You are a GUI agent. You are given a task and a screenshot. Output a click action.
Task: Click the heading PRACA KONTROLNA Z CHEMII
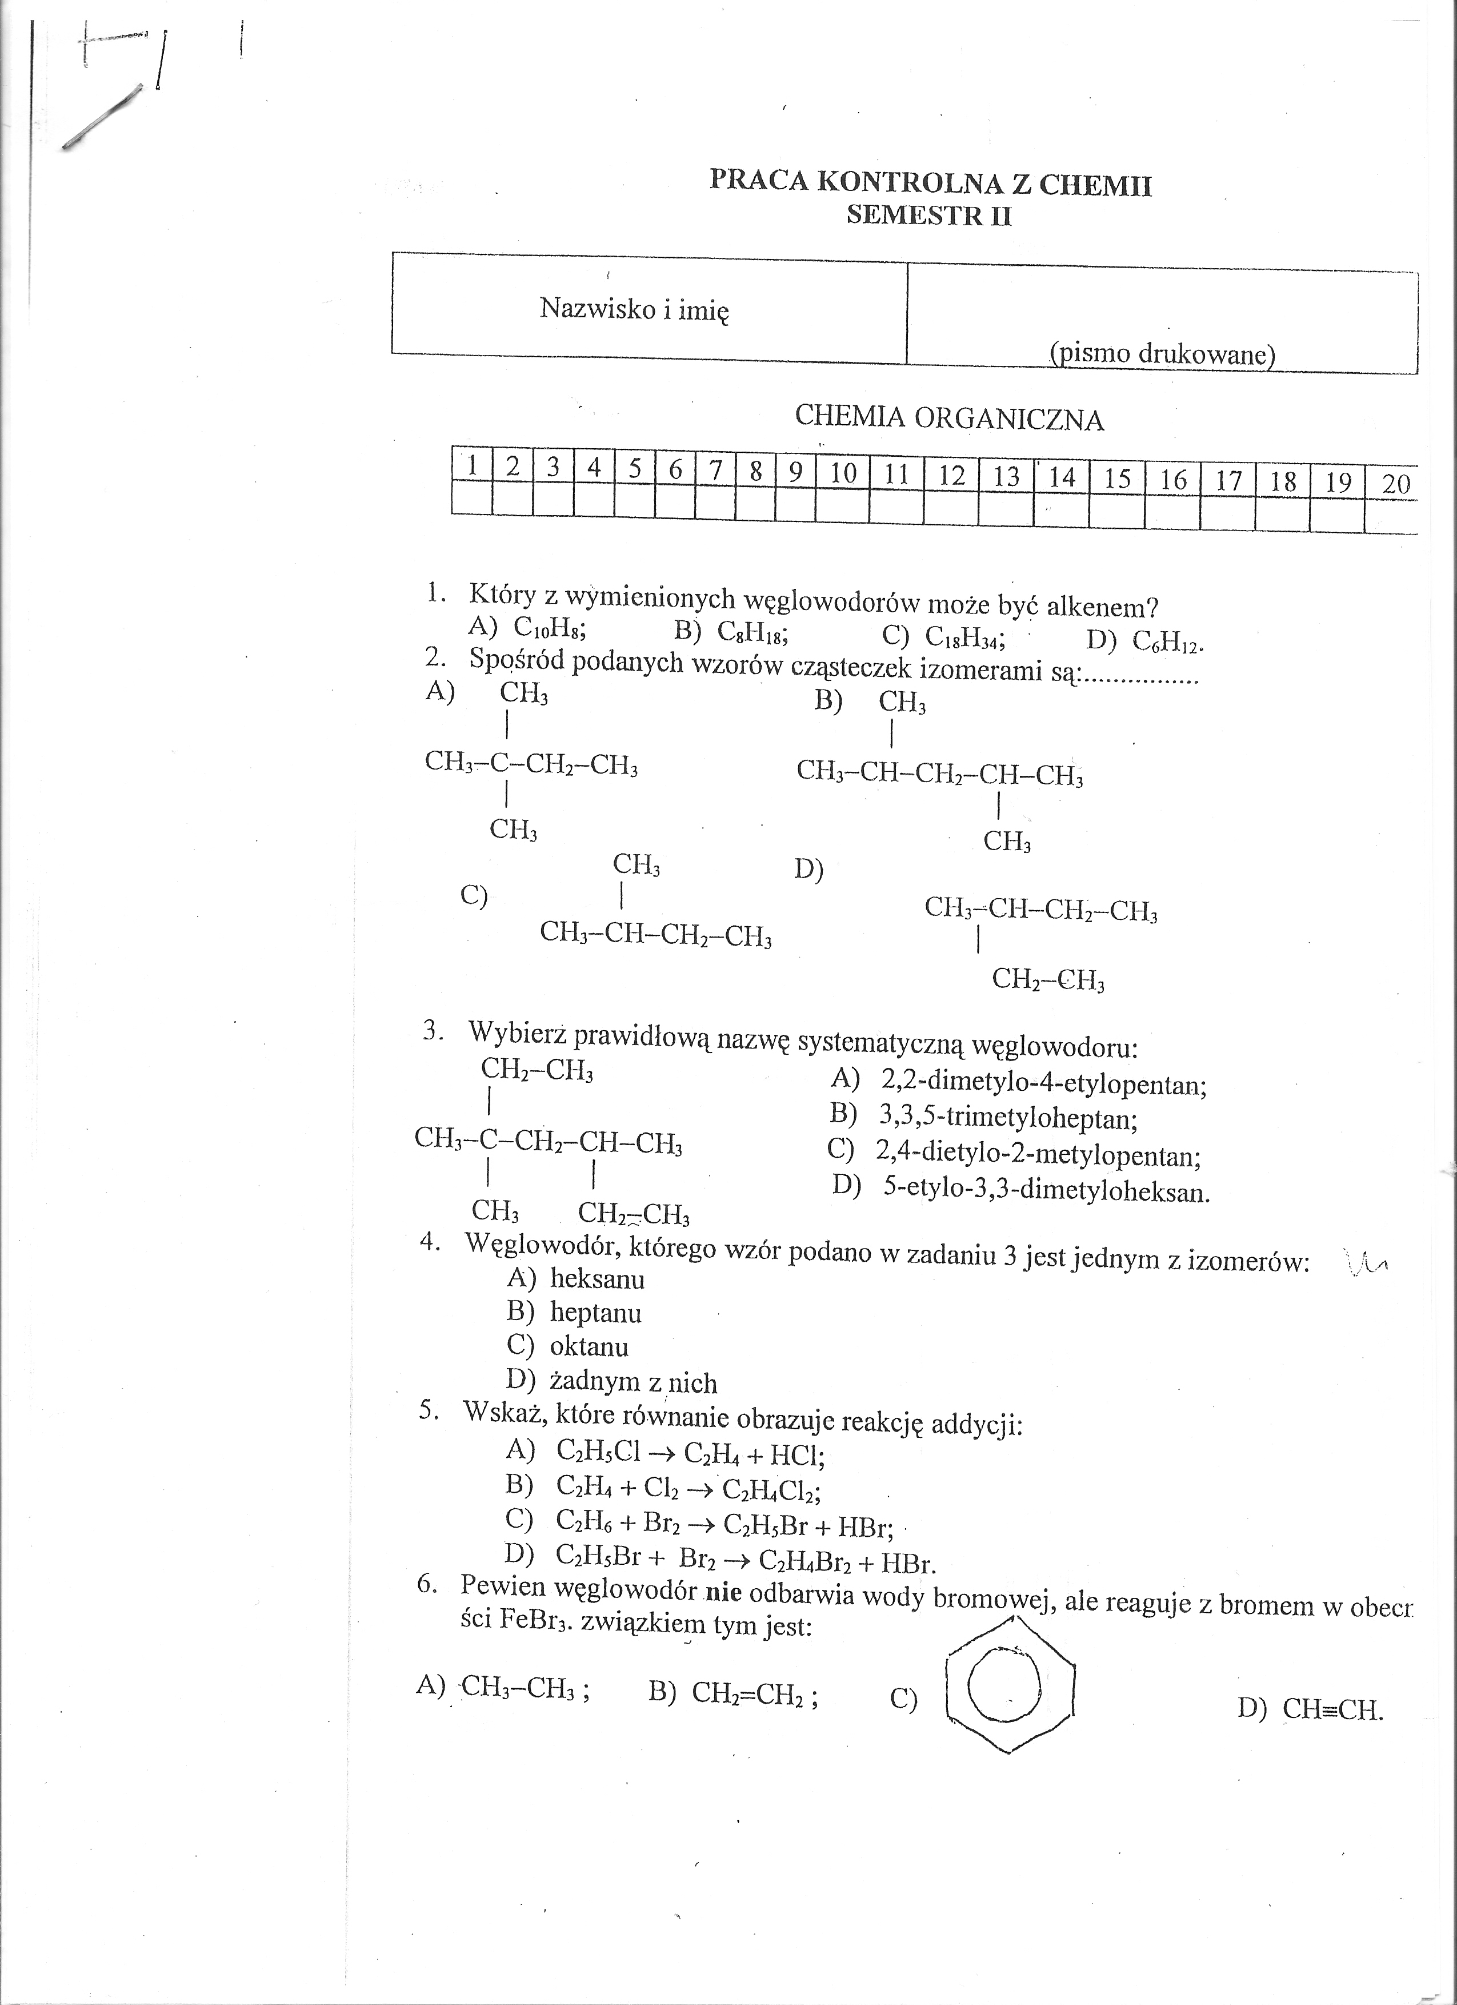[930, 183]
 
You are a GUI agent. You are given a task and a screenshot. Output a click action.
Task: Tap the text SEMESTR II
[928, 215]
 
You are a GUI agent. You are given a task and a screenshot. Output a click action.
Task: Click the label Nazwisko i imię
[634, 309]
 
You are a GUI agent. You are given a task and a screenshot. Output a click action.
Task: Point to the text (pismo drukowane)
[1162, 354]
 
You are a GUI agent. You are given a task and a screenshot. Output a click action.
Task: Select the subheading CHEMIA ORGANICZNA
[949, 417]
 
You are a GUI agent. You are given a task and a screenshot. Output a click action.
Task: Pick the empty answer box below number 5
[634, 498]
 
